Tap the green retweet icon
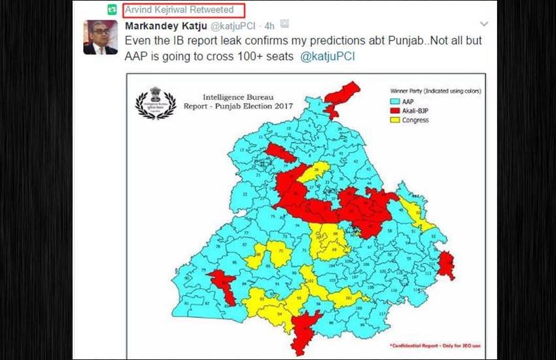point(113,10)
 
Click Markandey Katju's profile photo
point(100,37)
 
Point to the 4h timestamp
point(269,26)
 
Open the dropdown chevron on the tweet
point(485,25)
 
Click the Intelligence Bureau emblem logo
point(155,103)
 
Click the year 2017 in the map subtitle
point(283,105)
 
